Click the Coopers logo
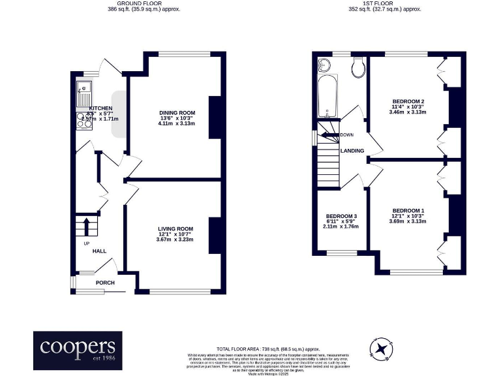pos(78,347)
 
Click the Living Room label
pos(175,234)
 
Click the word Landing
pos(352,151)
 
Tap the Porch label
pos(105,283)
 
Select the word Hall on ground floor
pos(99,251)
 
